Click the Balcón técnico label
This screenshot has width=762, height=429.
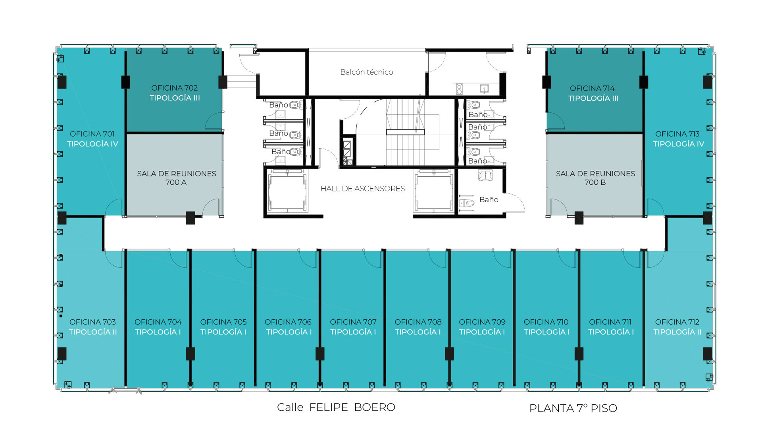(x=366, y=72)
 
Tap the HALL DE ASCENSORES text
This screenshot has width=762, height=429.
(x=362, y=189)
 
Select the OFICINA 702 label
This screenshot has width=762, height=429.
(x=174, y=88)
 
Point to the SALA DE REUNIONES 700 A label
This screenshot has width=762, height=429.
(x=176, y=178)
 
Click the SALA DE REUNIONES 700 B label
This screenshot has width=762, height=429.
(x=595, y=178)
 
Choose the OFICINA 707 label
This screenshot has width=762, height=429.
(x=353, y=322)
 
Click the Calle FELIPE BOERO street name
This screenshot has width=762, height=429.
(x=336, y=407)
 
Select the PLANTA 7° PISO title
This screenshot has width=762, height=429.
(x=573, y=408)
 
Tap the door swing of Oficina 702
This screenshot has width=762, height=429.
(x=214, y=121)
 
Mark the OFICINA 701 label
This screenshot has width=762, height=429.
(x=92, y=134)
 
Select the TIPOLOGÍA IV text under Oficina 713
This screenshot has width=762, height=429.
(x=678, y=144)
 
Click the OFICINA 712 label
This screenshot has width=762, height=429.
(x=677, y=322)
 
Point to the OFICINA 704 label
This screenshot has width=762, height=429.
(x=158, y=322)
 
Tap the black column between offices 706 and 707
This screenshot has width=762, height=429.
(x=320, y=354)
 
